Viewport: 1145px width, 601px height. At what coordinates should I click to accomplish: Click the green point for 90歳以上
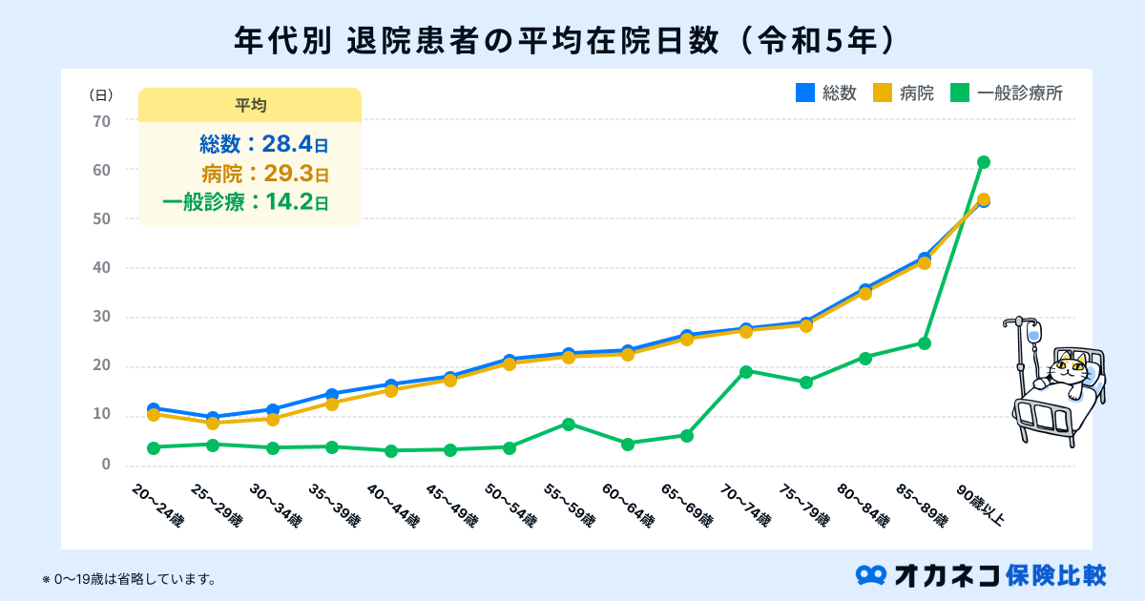tap(984, 162)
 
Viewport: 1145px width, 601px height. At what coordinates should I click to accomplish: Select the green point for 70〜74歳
tap(746, 371)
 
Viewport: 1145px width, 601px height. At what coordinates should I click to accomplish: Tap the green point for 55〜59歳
tap(569, 424)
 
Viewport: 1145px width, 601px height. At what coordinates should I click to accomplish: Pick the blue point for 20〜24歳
tap(154, 408)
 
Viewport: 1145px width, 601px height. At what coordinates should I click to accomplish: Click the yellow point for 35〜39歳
tap(331, 404)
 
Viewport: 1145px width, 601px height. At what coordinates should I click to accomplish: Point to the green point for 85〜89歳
tap(925, 342)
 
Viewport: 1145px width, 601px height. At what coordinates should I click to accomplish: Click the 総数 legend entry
tap(827, 93)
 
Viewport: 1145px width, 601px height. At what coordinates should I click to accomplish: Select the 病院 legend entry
tap(905, 93)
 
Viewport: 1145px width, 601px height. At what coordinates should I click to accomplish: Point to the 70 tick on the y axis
tap(101, 121)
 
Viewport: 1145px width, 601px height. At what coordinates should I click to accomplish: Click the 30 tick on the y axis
tap(101, 318)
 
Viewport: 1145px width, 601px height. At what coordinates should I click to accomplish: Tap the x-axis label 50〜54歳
tap(510, 505)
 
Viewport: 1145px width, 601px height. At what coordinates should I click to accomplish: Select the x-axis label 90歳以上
tap(983, 503)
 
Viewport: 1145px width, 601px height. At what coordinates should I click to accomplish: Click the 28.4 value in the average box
tap(288, 145)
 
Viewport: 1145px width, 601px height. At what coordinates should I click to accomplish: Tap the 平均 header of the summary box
tap(250, 105)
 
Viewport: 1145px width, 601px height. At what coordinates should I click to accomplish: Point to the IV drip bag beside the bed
tap(1034, 334)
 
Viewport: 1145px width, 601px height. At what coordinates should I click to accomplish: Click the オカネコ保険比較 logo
tap(982, 574)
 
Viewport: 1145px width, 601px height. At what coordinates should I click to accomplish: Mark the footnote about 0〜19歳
tap(129, 579)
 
